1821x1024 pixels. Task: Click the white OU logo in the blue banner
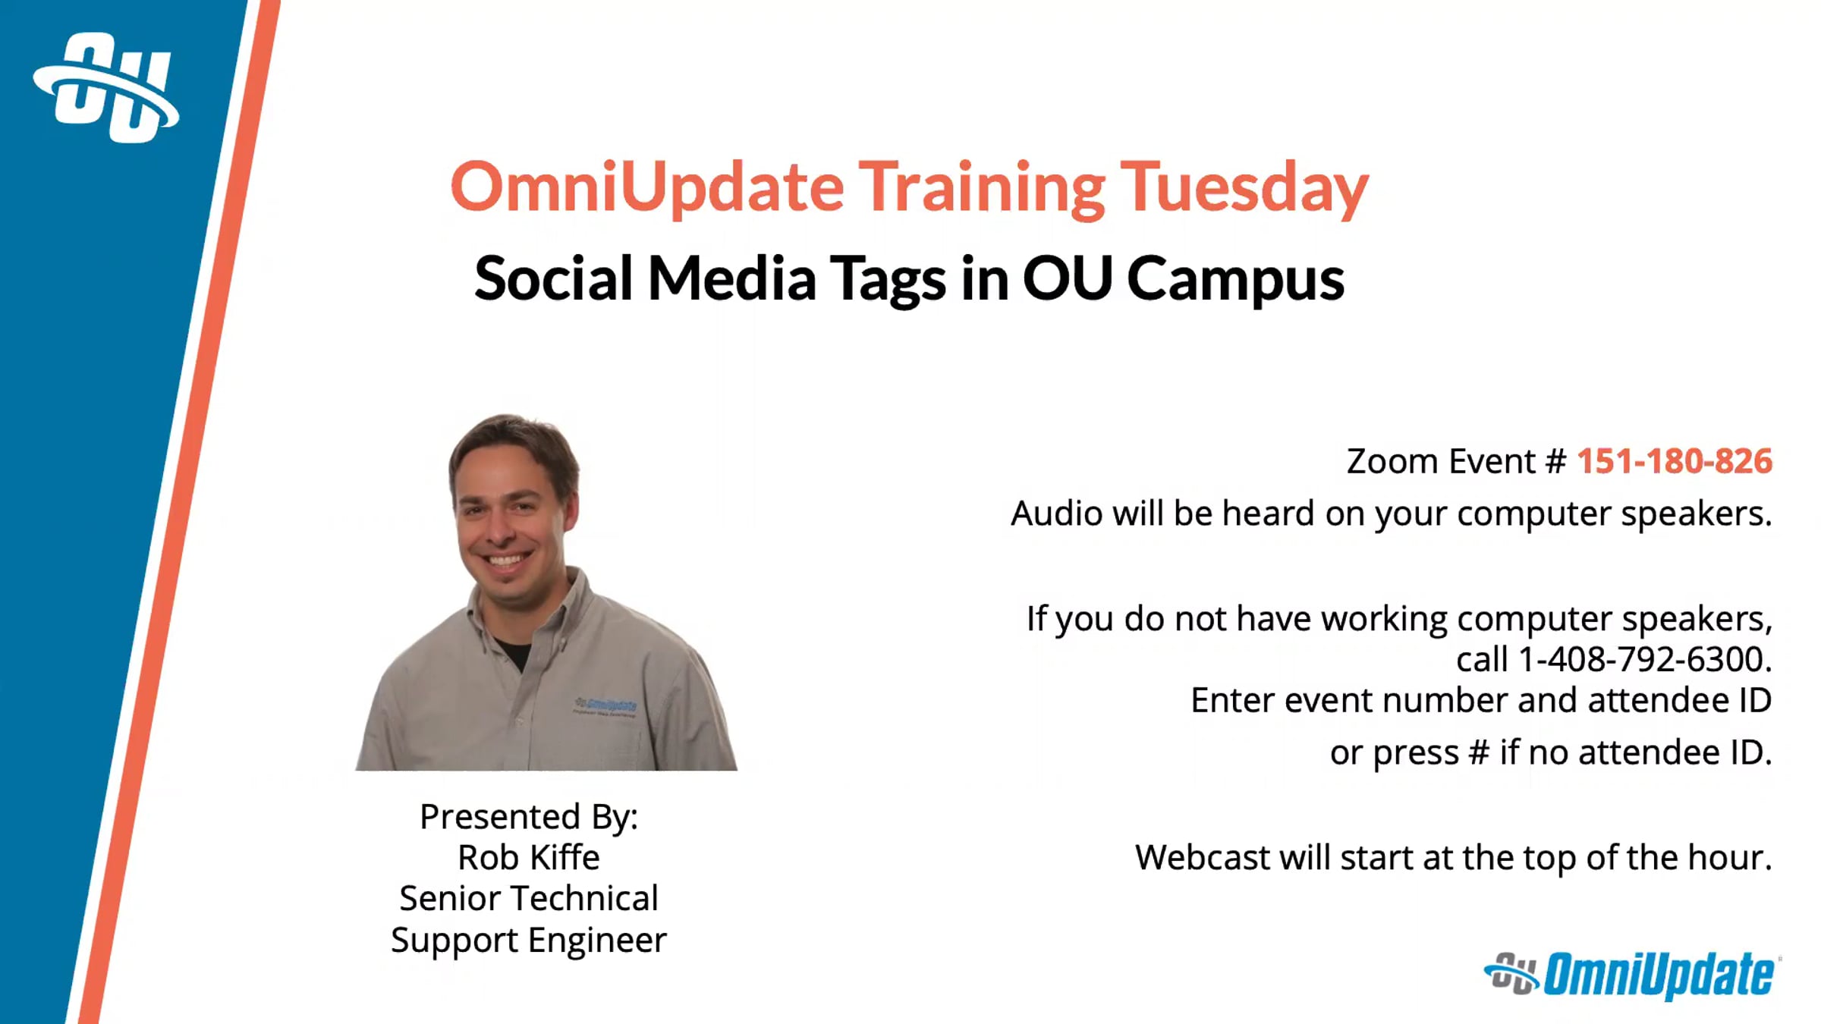pyautogui.click(x=106, y=87)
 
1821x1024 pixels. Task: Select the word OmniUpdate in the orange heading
pyautogui.click(x=647, y=188)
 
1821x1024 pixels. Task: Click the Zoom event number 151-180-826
pyautogui.click(x=1675, y=461)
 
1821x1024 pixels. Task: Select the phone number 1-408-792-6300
pyautogui.click(x=1643, y=659)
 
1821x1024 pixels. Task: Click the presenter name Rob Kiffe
pyautogui.click(x=529, y=858)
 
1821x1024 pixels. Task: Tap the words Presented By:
pyautogui.click(x=529, y=817)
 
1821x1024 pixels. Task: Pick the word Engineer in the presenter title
pyautogui.click(x=597, y=941)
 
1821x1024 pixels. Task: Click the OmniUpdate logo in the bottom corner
pyautogui.click(x=1631, y=975)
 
